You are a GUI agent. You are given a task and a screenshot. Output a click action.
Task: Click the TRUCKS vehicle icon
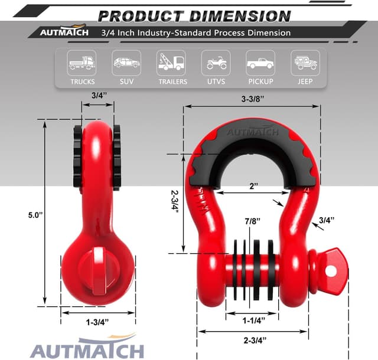82,62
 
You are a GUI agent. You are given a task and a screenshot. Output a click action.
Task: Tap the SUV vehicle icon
126,62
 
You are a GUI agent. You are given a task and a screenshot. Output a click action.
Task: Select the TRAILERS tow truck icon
171,62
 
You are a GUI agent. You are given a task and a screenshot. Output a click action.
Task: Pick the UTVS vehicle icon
216,62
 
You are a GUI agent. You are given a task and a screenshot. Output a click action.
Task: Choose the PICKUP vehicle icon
260,62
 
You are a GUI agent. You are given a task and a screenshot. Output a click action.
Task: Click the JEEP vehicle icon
305,62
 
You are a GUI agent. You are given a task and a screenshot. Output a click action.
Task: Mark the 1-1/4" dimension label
254,320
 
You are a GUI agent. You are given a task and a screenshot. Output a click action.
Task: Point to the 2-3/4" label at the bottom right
255,340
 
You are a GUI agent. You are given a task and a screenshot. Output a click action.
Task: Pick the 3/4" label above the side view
99,94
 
